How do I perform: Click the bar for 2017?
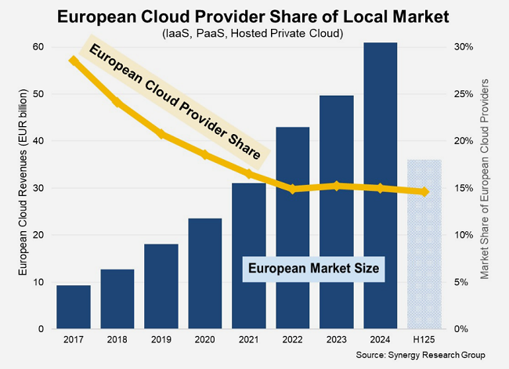coord(74,307)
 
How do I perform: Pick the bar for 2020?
coord(205,273)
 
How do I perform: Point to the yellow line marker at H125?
coord(424,192)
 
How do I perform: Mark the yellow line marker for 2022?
coord(292,189)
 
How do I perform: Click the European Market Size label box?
coord(313,268)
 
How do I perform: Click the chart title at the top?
coord(254,15)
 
